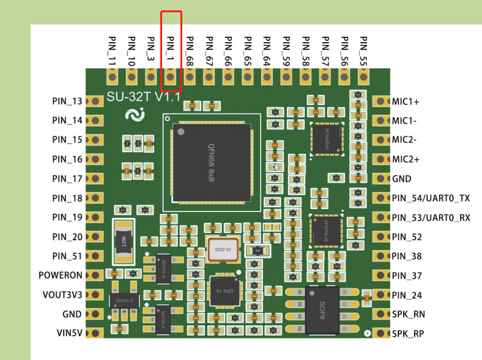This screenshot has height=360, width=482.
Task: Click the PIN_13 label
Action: coord(67,101)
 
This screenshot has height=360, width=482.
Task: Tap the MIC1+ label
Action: coord(405,101)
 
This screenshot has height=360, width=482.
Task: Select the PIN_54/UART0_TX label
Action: coord(431,198)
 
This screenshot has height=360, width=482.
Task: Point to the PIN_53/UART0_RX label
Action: coord(431,218)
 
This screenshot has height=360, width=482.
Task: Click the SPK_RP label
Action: coord(408,334)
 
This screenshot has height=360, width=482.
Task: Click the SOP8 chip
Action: coord(322,309)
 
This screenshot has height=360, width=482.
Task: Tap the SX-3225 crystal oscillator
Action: coord(223,249)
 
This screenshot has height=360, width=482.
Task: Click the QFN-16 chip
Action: coord(223,292)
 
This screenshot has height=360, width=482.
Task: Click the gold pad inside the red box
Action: coord(171,77)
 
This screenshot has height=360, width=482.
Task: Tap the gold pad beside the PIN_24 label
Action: coord(380,295)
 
